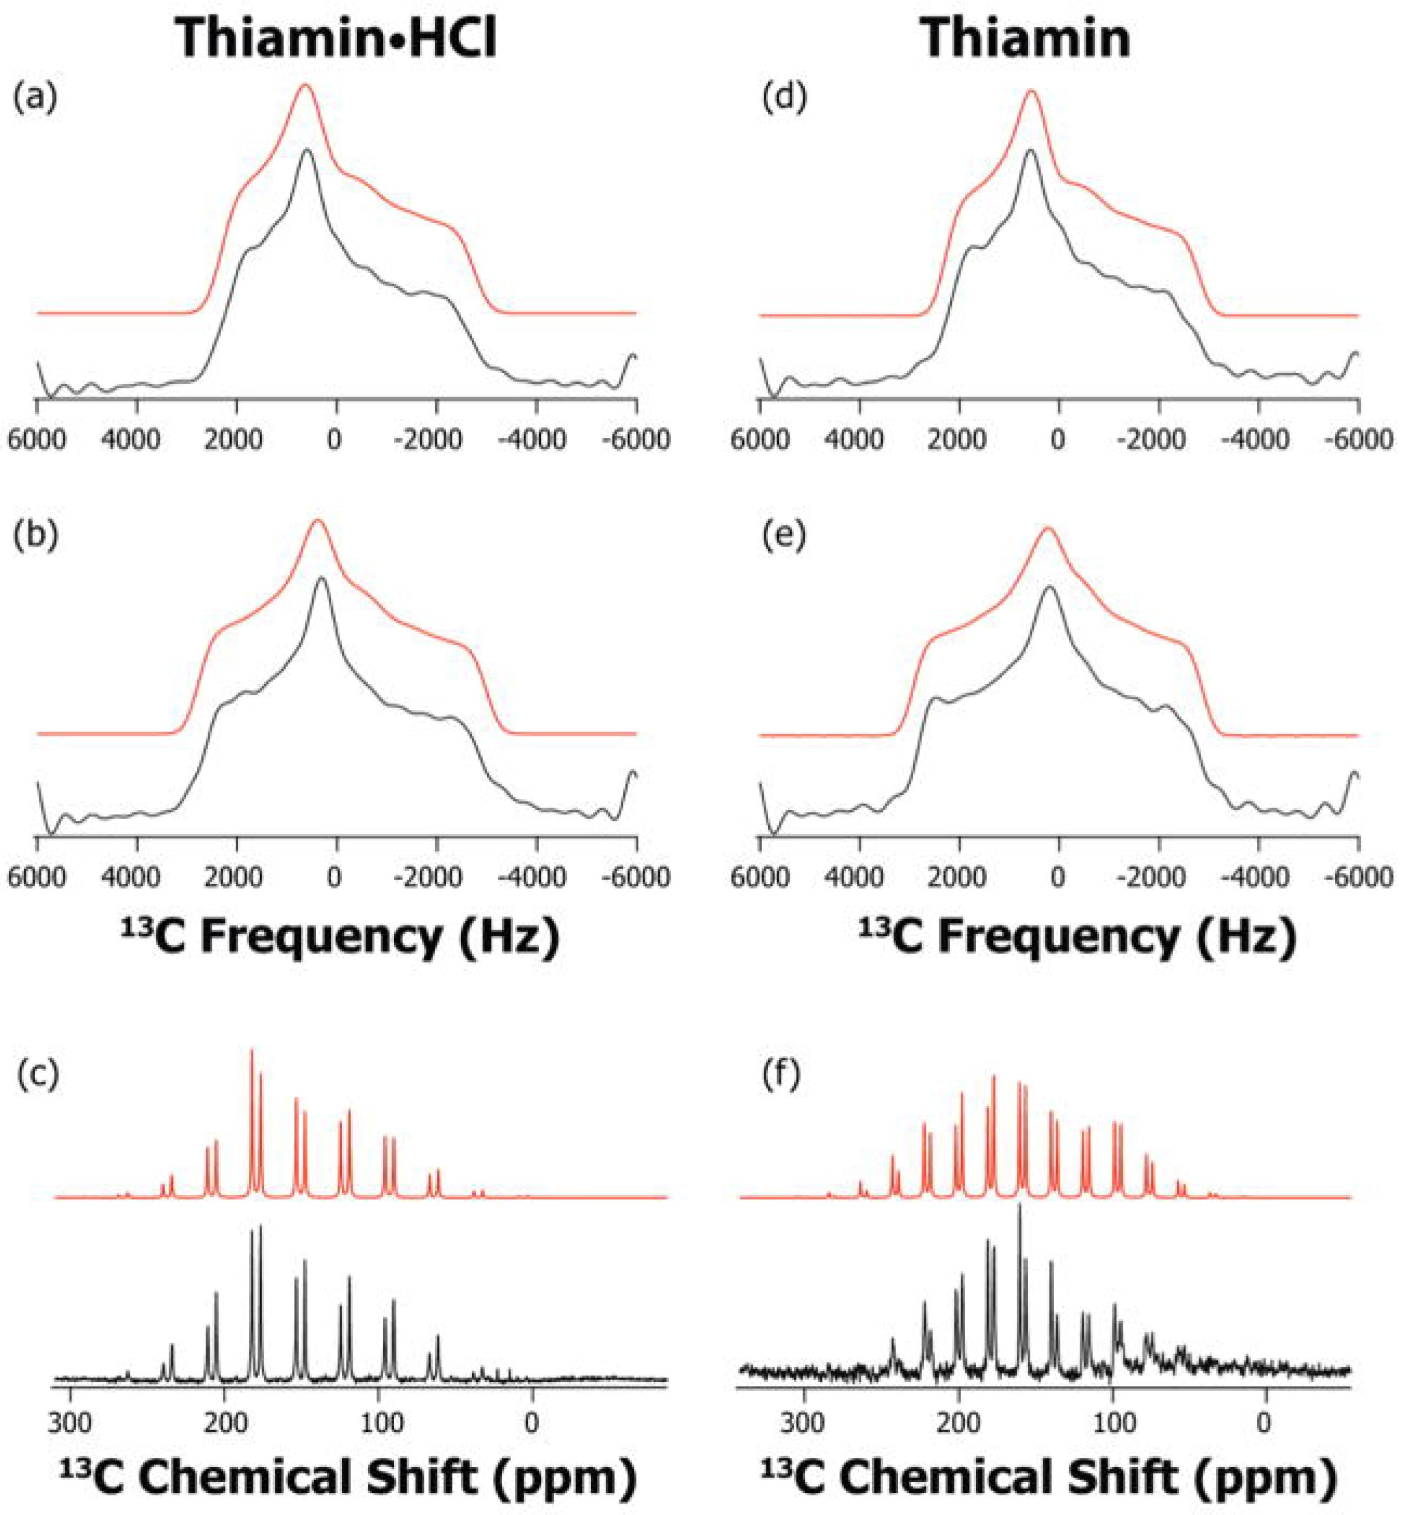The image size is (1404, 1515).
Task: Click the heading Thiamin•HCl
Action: pyautogui.click(x=336, y=38)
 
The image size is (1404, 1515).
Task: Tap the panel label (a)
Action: pyautogui.click(x=35, y=99)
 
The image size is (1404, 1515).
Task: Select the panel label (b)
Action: pyautogui.click(x=35, y=536)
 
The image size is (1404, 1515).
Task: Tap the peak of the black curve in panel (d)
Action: pyautogui.click(x=1030, y=151)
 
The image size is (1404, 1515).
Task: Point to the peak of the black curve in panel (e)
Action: pyautogui.click(x=1050, y=586)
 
